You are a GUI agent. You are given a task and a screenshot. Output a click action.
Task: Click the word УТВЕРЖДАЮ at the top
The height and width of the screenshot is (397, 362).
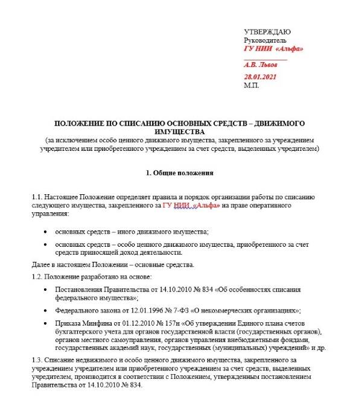coord(267,31)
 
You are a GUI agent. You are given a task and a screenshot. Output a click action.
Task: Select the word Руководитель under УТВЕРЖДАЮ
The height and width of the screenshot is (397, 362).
coord(264,40)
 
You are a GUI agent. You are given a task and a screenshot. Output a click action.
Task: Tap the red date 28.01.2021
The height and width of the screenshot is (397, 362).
coord(260,78)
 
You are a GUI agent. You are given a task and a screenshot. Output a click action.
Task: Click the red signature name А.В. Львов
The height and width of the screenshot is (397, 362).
coord(261,63)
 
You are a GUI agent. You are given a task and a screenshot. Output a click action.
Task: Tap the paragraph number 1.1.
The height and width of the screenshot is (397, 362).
coord(37,197)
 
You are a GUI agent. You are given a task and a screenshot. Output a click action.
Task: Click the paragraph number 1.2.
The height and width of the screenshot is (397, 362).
coord(37,276)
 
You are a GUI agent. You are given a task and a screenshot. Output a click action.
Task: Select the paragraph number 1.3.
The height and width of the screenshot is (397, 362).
coord(37,360)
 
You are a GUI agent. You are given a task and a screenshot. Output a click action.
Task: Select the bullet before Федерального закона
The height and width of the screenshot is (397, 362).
coord(48,310)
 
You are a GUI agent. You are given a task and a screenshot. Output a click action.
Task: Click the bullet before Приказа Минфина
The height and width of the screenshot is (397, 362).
coord(48,324)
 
